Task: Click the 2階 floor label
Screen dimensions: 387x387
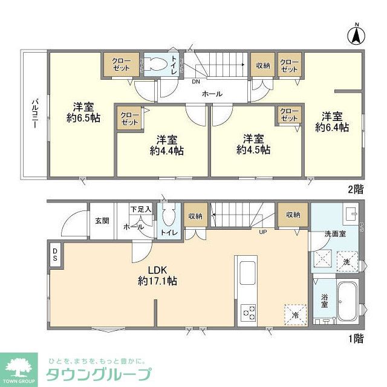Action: point(356,189)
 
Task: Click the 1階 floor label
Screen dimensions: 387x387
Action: point(356,339)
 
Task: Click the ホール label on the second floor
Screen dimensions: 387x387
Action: point(212,94)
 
